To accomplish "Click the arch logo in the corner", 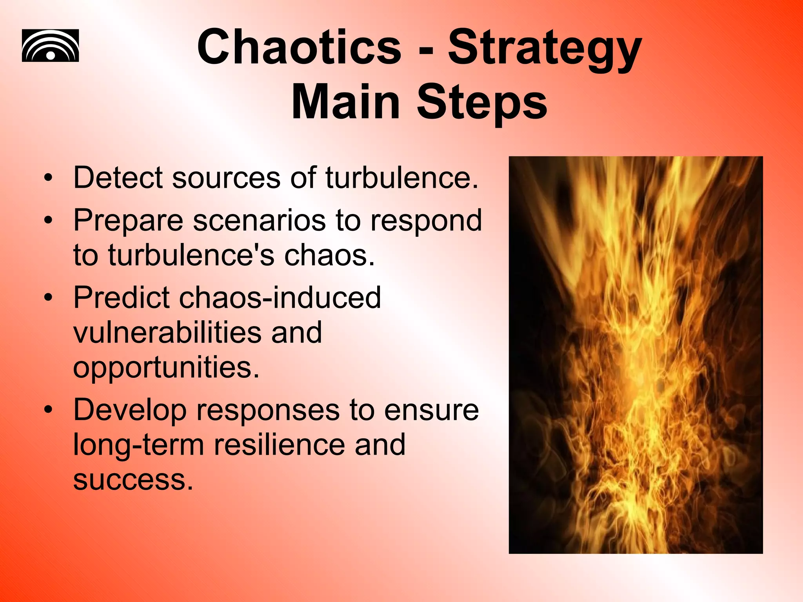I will (50, 45).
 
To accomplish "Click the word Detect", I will (118, 178).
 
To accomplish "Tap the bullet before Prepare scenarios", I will (48, 220).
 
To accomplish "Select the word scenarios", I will (259, 220).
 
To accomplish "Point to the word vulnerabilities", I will (167, 332).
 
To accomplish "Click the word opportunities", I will (166, 368).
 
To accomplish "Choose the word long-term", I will (138, 445).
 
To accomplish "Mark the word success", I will (133, 479).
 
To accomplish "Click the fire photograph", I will (635, 355).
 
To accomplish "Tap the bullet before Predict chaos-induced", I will (48, 297).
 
